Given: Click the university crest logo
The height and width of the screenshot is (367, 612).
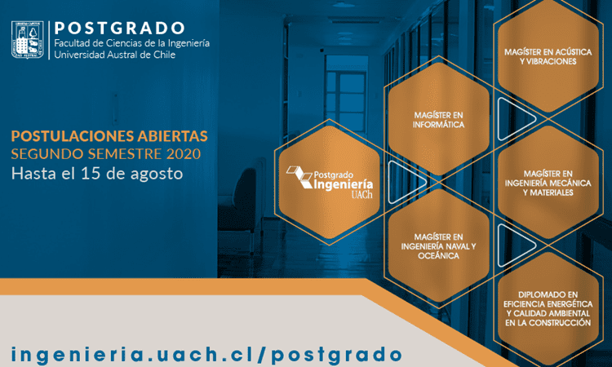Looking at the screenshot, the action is (x=27, y=40).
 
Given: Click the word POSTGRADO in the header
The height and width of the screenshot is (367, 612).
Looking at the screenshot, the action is (x=119, y=28).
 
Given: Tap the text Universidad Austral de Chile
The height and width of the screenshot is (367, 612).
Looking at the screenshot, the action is (x=115, y=55).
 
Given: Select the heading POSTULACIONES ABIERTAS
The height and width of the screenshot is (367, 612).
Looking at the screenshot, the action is (x=109, y=136).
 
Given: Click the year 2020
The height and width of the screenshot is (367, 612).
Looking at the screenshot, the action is (x=184, y=154).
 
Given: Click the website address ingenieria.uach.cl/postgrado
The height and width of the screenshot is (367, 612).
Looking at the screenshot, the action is (x=206, y=354).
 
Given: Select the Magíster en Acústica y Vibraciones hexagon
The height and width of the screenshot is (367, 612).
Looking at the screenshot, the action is (x=548, y=56).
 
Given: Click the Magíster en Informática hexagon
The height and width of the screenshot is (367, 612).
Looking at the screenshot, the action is (x=438, y=120).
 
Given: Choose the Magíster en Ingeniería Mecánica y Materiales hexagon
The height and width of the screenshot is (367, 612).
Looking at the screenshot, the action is (x=548, y=183).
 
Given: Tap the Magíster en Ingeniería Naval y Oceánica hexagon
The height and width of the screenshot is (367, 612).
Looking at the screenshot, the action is (x=438, y=245).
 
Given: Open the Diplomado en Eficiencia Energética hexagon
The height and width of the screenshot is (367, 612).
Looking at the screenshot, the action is (x=548, y=308).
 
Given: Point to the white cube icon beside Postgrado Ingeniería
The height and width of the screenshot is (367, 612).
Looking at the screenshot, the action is (x=299, y=176).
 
